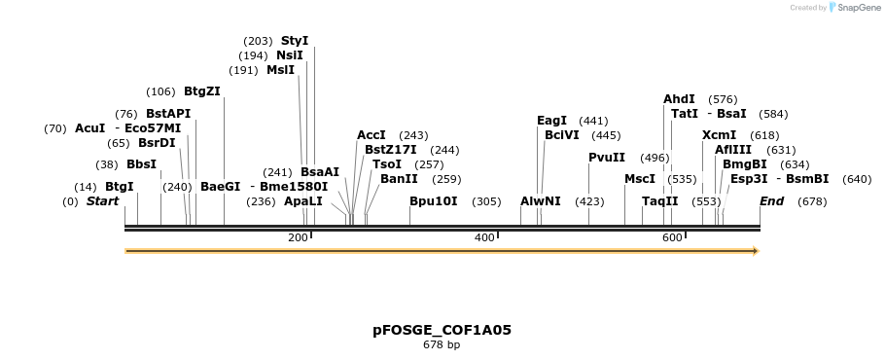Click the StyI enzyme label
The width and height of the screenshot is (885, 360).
pyautogui.click(x=294, y=41)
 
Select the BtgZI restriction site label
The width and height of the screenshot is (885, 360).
pyautogui.click(x=202, y=91)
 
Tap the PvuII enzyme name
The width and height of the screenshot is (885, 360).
pyautogui.click(x=607, y=158)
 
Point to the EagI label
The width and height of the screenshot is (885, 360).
pyautogui.click(x=551, y=121)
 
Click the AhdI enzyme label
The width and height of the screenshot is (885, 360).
pyautogui.click(x=679, y=99)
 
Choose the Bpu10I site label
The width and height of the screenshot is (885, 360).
pyautogui.click(x=433, y=201)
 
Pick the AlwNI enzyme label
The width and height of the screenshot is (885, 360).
pyautogui.click(x=540, y=201)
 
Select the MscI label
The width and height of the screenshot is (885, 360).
pyautogui.click(x=640, y=179)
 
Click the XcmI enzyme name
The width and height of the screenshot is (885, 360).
pyautogui.click(x=719, y=135)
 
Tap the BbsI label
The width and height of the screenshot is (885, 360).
pyautogui.click(x=141, y=164)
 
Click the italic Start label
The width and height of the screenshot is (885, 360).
pyautogui.click(x=102, y=201)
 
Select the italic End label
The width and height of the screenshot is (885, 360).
pyautogui.click(x=771, y=201)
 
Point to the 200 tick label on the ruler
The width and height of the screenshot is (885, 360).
pyautogui.click(x=298, y=238)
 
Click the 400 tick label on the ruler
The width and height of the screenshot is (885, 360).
pyautogui.click(x=484, y=238)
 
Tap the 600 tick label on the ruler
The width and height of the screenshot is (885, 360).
pyautogui.click(x=672, y=238)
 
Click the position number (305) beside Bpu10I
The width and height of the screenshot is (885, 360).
pyautogui.click(x=486, y=201)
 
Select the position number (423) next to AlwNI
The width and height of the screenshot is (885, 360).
pyautogui.click(x=589, y=201)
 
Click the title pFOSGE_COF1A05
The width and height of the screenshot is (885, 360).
pyautogui.click(x=442, y=330)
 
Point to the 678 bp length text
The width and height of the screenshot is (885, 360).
pyautogui.click(x=442, y=344)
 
